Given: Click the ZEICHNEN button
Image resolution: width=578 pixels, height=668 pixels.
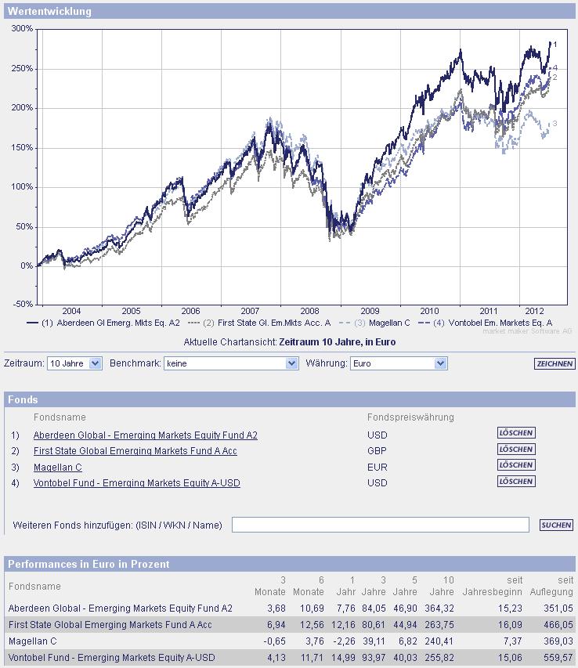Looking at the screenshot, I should pos(555,363).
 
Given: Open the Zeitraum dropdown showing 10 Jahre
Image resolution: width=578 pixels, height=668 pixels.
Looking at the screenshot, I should pos(74,363).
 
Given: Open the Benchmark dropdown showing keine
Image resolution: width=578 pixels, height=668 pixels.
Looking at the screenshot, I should pos(231,363).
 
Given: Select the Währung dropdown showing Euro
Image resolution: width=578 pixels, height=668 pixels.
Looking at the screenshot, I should pos(397,363).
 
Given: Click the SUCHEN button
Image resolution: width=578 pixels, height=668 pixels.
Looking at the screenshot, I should pos(556,525).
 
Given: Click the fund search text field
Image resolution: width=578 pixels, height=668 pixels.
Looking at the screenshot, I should pos(380,525).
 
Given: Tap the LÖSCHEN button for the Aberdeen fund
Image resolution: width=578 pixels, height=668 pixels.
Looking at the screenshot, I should pos(516,432).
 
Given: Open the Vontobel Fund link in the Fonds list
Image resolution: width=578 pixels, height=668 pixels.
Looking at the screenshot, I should pos(137,483).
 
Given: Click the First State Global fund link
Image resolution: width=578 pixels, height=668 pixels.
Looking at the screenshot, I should pos(135,451).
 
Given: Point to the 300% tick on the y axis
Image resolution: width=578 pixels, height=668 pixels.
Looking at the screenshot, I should pos(23,29).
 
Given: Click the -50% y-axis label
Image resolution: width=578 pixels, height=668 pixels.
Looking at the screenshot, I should pos(23,304).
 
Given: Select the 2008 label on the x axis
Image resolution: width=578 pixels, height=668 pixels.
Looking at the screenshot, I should pos(309,311).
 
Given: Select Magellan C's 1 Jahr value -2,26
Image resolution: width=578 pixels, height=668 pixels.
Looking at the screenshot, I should pos(344,641).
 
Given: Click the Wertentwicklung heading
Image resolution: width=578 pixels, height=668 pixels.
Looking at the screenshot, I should pos(49,12).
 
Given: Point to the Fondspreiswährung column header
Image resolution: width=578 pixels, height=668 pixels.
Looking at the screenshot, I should pos(410,417).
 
